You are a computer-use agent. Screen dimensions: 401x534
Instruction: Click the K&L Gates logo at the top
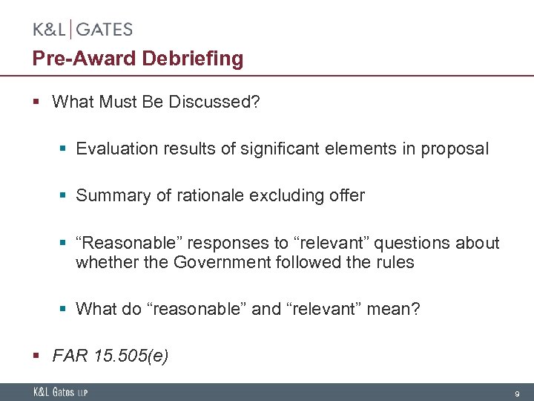(82, 30)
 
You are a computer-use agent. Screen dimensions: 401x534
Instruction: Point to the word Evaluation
(112, 149)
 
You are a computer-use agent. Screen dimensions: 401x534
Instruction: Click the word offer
(346, 195)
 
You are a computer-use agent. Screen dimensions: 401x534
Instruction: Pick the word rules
(393, 262)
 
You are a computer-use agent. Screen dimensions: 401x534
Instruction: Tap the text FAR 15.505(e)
(111, 356)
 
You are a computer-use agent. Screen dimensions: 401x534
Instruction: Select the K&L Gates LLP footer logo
(60, 392)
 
